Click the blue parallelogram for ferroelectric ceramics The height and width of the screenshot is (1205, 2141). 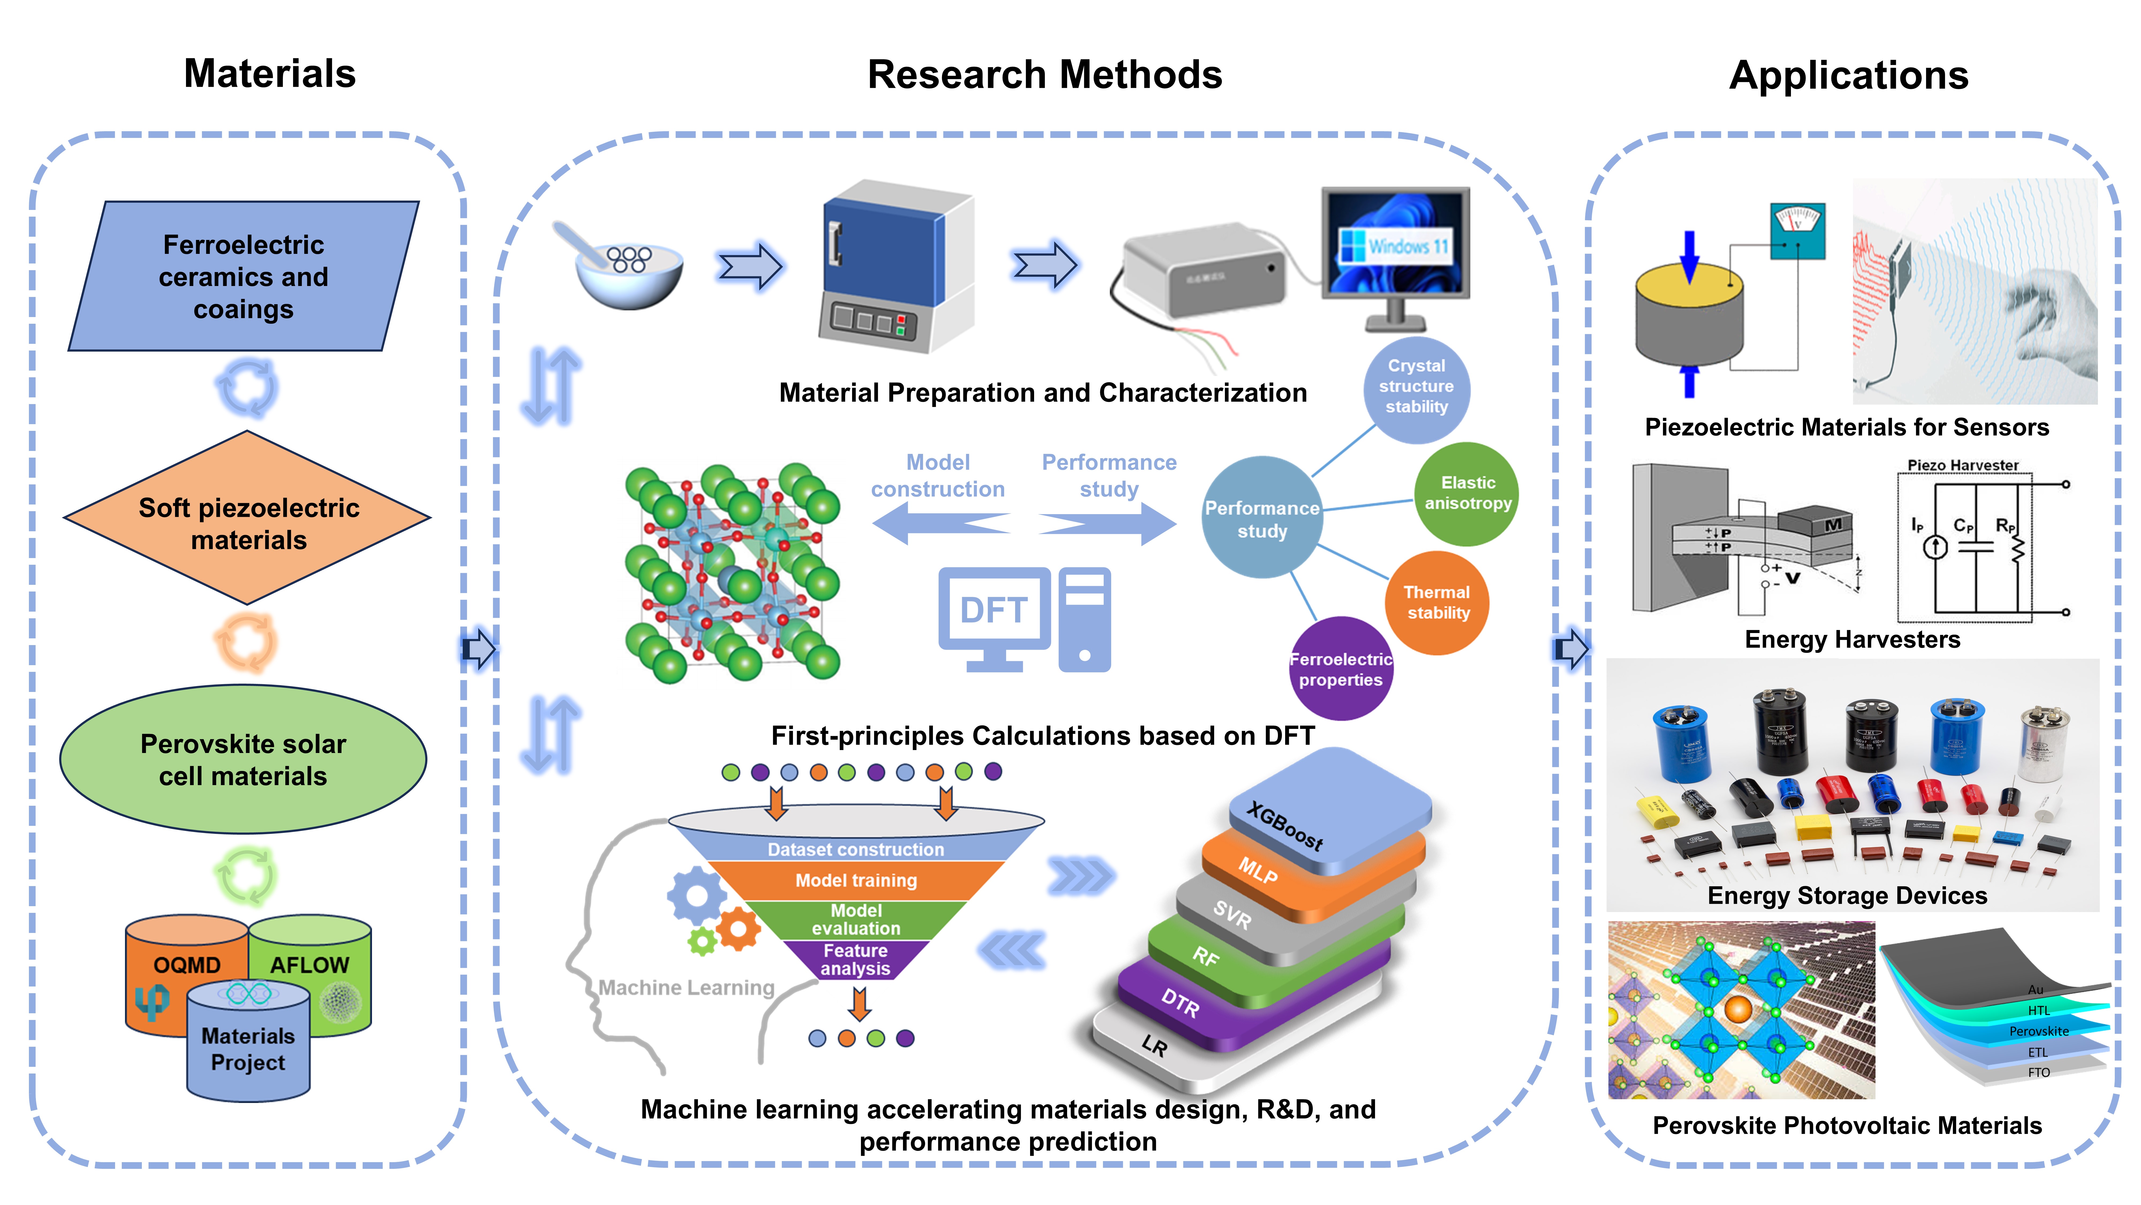click(x=244, y=276)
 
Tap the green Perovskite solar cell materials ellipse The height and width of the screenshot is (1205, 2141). click(x=244, y=759)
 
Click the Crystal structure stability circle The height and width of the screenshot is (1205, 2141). click(x=1416, y=387)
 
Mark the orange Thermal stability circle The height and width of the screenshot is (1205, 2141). click(x=1437, y=603)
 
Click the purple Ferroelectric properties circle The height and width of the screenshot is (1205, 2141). click(x=1341, y=669)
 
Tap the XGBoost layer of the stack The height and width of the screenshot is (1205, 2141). click(x=1330, y=811)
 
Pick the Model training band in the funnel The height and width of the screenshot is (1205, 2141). click(x=856, y=880)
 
